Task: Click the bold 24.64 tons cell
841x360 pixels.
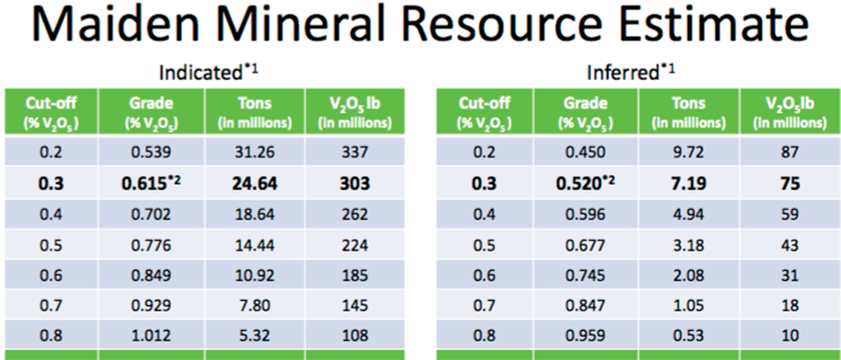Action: pyautogui.click(x=255, y=183)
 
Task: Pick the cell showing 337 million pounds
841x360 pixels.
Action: pyautogui.click(x=355, y=152)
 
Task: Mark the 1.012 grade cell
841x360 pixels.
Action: pyautogui.click(x=152, y=336)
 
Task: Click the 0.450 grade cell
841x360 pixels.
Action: pyautogui.click(x=586, y=152)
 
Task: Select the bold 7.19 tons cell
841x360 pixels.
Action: pyautogui.click(x=689, y=183)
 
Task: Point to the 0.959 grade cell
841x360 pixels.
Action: pyautogui.click(x=586, y=336)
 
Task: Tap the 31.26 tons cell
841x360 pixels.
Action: pyautogui.click(x=255, y=152)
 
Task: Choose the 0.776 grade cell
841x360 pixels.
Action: pyautogui.click(x=152, y=246)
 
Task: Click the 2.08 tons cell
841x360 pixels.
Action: pyautogui.click(x=689, y=276)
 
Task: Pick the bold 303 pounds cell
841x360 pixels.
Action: pyautogui.click(x=355, y=183)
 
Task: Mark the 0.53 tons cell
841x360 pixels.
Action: pyautogui.click(x=689, y=336)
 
